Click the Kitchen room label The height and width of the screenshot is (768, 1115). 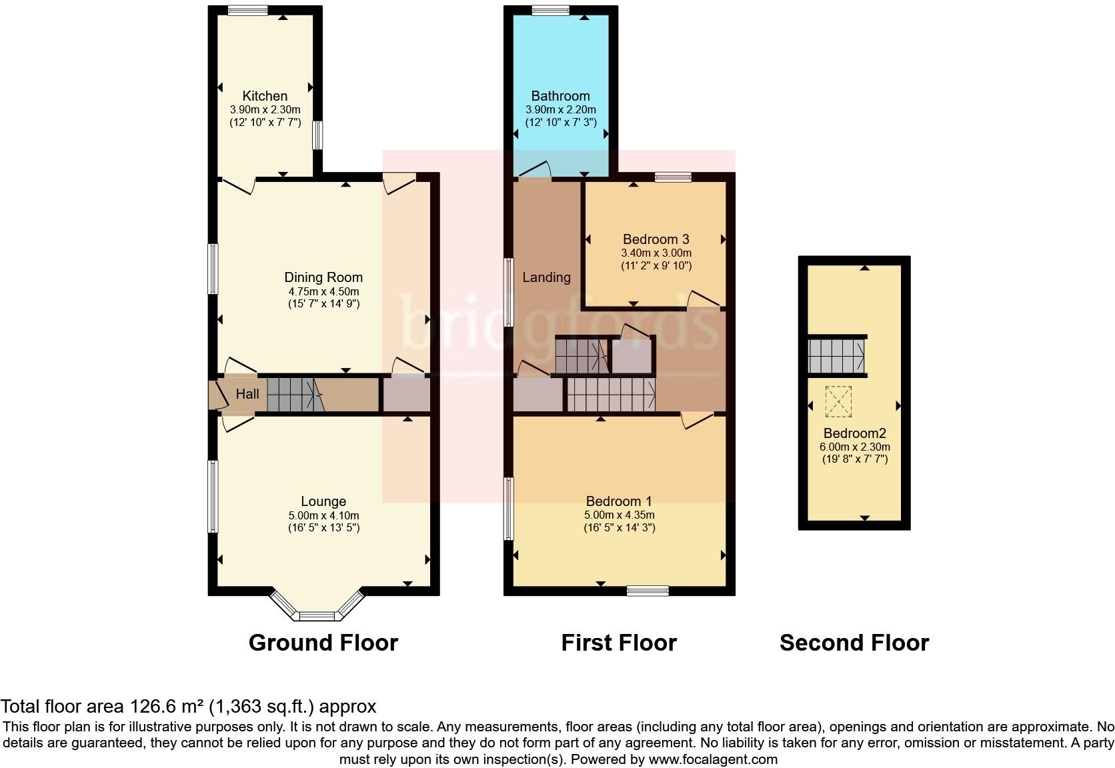point(265,96)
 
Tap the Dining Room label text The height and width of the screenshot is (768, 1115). point(323,277)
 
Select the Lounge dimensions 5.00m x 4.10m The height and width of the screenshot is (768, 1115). point(323,515)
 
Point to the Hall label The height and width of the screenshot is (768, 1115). point(247,394)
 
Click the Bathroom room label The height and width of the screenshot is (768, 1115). point(560,96)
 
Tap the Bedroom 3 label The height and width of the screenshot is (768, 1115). point(656,239)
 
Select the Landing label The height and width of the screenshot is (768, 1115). point(546,277)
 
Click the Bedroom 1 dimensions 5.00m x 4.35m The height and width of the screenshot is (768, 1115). point(619,515)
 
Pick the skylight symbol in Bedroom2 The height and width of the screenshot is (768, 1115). point(838,401)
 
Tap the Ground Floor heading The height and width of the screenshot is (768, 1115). point(323,643)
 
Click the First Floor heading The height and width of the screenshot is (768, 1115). point(618,643)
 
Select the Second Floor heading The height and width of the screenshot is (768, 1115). point(854,643)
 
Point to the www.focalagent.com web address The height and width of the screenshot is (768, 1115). point(712,759)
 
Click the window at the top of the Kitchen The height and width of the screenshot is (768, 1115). point(247,10)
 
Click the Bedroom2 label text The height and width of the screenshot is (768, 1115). point(854,433)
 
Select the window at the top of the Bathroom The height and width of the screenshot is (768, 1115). point(550,10)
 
